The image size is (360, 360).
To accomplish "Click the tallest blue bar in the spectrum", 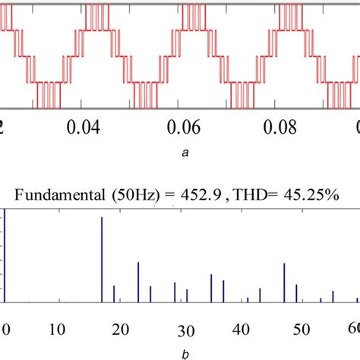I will point(102,260).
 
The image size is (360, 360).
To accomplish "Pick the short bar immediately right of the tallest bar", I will point(114,294).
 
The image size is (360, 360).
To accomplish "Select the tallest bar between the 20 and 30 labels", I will point(138,283).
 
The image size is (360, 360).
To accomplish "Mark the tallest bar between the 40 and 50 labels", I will point(284,283).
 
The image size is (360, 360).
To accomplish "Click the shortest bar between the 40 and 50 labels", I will point(248,300).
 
